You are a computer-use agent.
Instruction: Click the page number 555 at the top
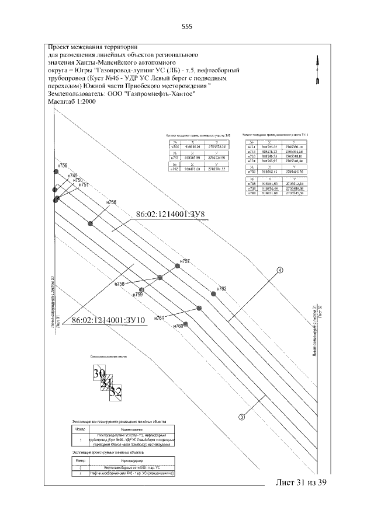188,26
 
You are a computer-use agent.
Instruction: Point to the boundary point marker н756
90,223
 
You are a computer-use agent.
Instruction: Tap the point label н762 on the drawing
221,289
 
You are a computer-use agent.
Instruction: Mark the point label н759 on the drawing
138,295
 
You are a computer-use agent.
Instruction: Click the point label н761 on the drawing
159,318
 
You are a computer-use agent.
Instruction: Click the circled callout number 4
280,270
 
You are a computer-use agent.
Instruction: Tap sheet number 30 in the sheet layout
99,373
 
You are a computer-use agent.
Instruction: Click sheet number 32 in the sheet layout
116,391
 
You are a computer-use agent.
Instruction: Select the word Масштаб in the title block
60,102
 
